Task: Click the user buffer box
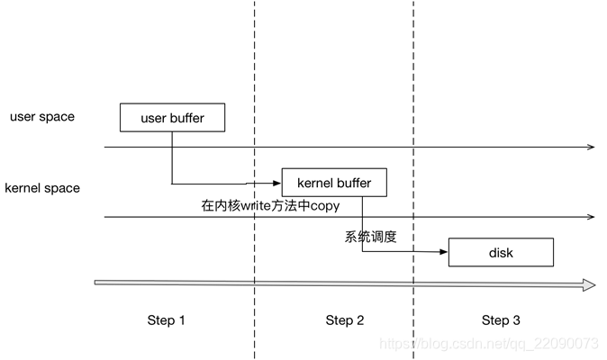tap(172, 118)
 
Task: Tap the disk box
tap(501, 253)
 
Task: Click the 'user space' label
tap(42, 117)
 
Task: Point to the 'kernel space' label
tap(42, 188)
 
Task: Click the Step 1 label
tap(167, 320)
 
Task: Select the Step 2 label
tap(345, 320)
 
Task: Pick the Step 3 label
tap(501, 320)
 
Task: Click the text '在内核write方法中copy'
tap(270, 205)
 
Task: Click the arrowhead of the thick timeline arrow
tap(588, 285)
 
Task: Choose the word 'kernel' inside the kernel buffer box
tap(316, 183)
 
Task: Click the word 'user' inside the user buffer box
tap(154, 118)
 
